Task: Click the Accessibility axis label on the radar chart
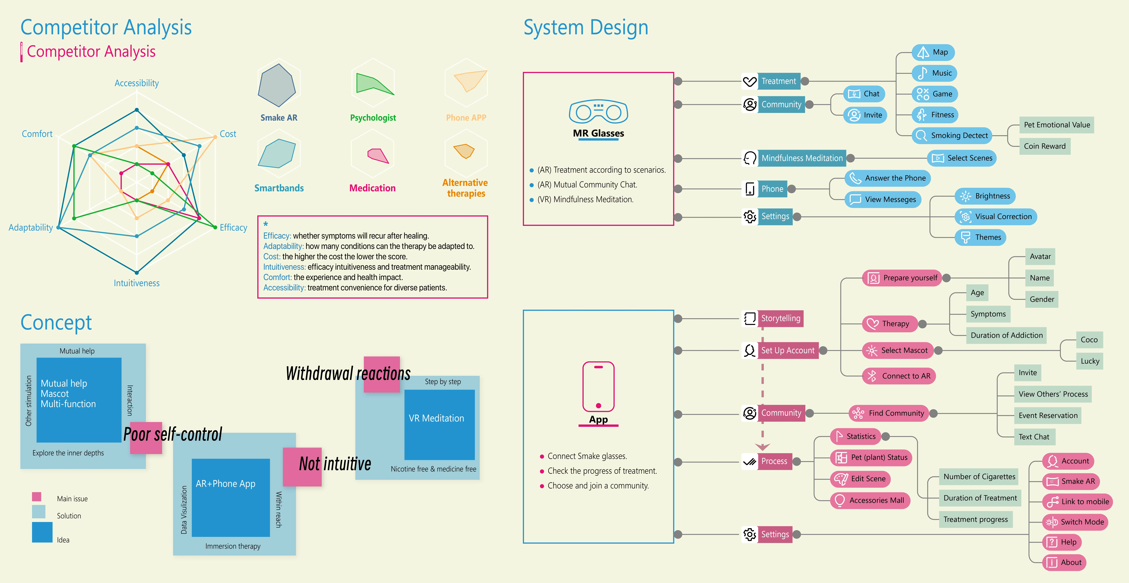[x=137, y=83]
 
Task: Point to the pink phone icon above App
[x=598, y=386]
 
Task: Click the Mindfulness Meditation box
[x=802, y=158]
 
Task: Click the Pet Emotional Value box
[x=1057, y=125]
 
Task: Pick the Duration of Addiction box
[x=1006, y=335]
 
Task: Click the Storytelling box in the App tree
[x=780, y=318]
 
